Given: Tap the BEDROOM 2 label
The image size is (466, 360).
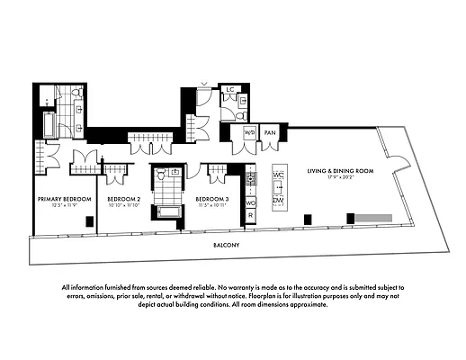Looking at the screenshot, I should pos(124,198).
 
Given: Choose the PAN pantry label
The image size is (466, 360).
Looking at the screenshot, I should pos(269,132).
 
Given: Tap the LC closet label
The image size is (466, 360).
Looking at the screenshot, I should pos(229,91).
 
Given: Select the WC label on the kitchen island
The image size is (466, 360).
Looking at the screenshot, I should pos(278,174).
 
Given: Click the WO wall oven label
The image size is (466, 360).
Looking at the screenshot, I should pos(250,203).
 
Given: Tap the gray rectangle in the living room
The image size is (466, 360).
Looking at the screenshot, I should pos(371,218).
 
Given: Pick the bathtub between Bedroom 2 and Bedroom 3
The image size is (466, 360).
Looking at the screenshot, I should pos(168,212).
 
